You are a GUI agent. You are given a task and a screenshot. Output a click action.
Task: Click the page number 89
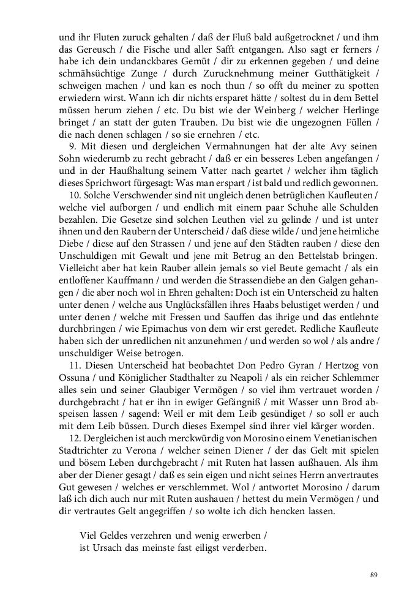point(374,574)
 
